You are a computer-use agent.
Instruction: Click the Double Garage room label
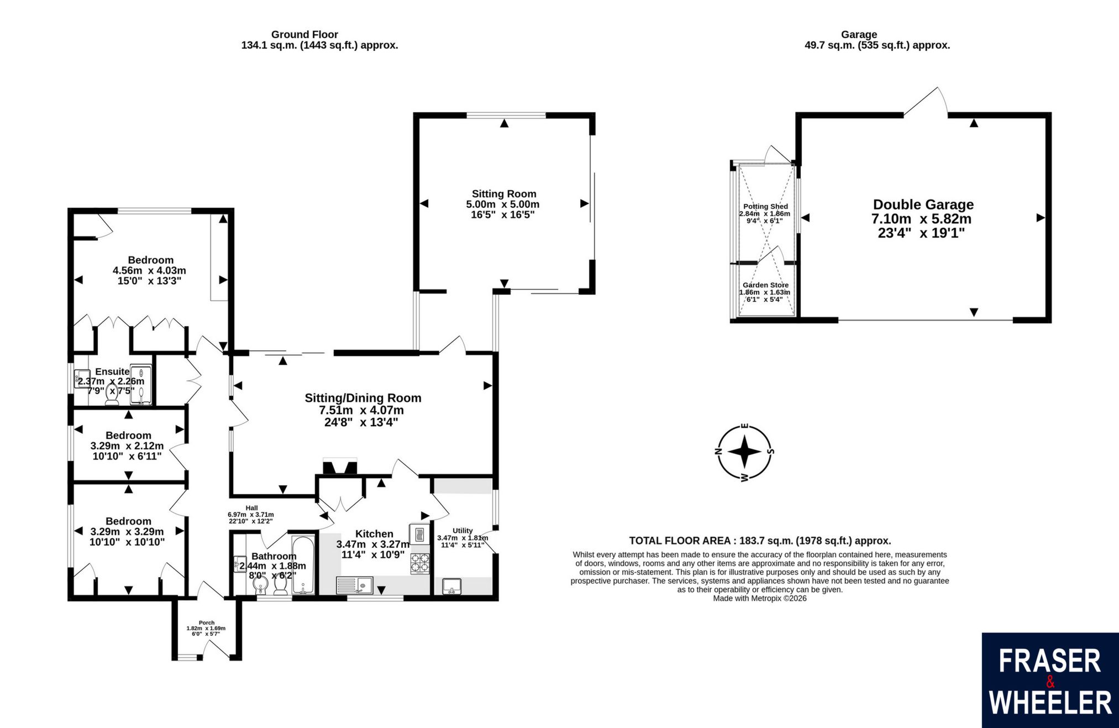point(923,205)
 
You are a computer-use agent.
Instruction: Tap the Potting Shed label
point(765,206)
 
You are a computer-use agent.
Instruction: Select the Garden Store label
point(765,285)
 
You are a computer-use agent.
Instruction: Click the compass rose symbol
point(744,452)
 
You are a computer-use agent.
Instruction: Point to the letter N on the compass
point(719,451)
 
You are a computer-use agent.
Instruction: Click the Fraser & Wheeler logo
point(1050,680)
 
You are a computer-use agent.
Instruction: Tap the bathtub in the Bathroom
point(303,564)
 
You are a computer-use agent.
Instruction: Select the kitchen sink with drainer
point(354,585)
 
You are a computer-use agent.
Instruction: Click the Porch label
point(207,622)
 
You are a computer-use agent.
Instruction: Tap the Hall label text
point(251,508)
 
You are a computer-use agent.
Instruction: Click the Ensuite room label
point(112,371)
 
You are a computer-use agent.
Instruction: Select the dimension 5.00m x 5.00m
point(503,204)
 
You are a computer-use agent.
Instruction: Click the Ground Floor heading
point(304,34)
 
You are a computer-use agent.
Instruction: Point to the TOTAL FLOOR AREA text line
point(760,541)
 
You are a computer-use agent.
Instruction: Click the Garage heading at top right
point(859,34)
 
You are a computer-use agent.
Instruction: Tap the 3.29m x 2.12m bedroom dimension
point(127,446)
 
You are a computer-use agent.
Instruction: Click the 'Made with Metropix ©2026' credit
point(760,598)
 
